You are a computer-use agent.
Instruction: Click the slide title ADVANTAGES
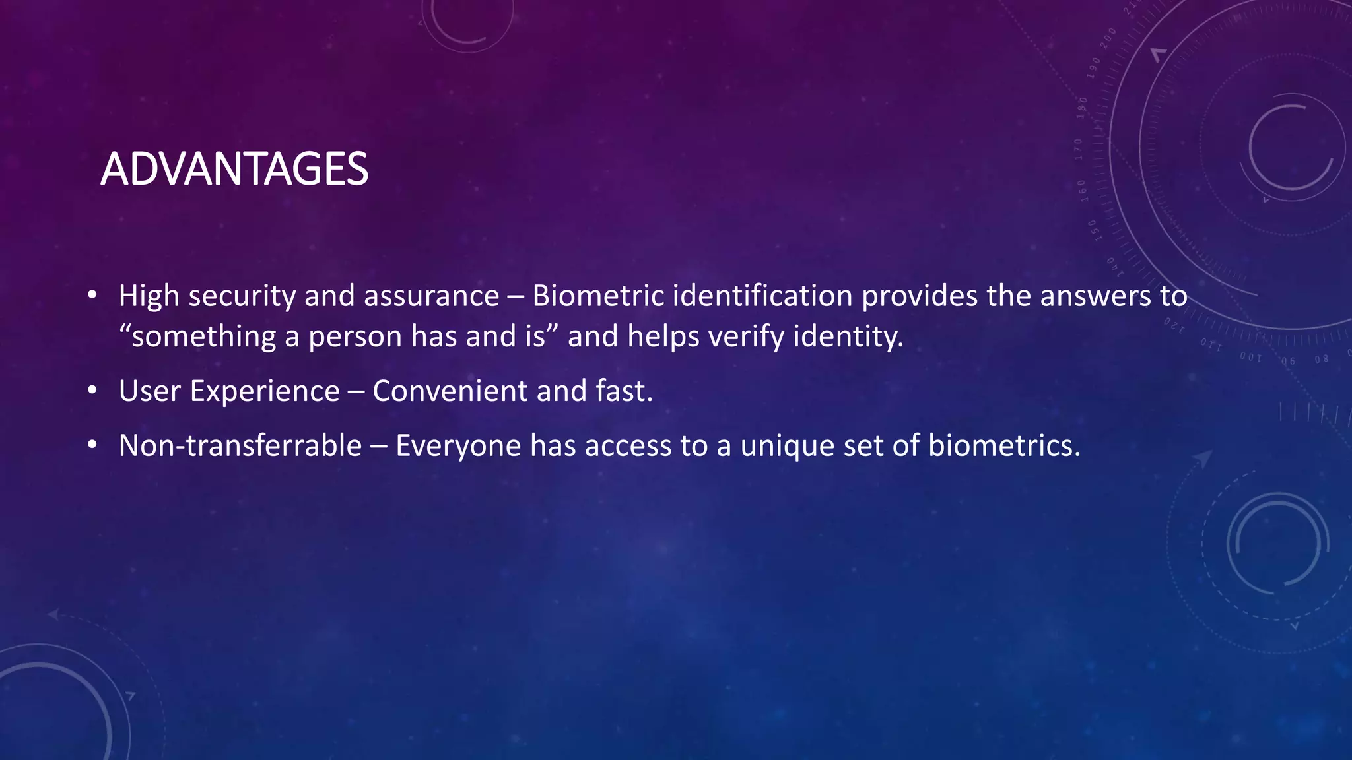click(234, 170)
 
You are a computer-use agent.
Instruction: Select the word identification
click(762, 296)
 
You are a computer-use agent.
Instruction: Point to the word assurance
click(432, 296)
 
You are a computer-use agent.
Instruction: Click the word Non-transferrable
click(240, 446)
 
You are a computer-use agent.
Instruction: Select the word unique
click(788, 447)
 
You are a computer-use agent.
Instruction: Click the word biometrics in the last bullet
click(1004, 446)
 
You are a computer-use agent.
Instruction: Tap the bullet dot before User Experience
click(92, 391)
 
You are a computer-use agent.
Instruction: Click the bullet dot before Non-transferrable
click(92, 446)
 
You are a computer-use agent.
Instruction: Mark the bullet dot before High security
click(92, 295)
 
